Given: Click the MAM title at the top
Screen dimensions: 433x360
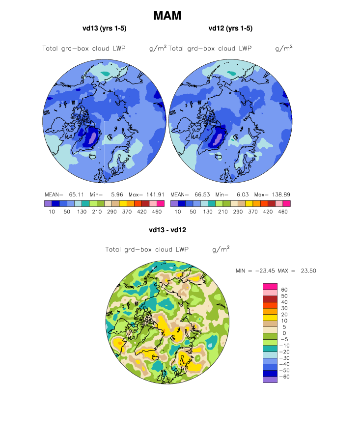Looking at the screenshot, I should (x=167, y=16).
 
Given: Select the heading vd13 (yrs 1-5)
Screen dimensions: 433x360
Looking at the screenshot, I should (x=105, y=28).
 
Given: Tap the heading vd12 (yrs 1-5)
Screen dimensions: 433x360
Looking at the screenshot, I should (x=230, y=28).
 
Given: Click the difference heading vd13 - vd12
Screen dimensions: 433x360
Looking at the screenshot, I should (x=167, y=229).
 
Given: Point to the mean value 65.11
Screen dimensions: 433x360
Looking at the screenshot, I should (x=74, y=194).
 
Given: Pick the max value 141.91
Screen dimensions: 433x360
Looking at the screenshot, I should (x=155, y=194).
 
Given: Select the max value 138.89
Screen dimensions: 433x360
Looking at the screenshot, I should (x=280, y=194).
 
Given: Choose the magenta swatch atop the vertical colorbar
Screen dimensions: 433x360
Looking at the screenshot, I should (x=271, y=287).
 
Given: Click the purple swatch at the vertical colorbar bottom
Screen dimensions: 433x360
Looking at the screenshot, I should (x=271, y=379).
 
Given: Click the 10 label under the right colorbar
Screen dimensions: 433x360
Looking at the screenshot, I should (x=178, y=212).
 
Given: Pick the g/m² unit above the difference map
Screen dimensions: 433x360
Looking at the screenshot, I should (x=221, y=249).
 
